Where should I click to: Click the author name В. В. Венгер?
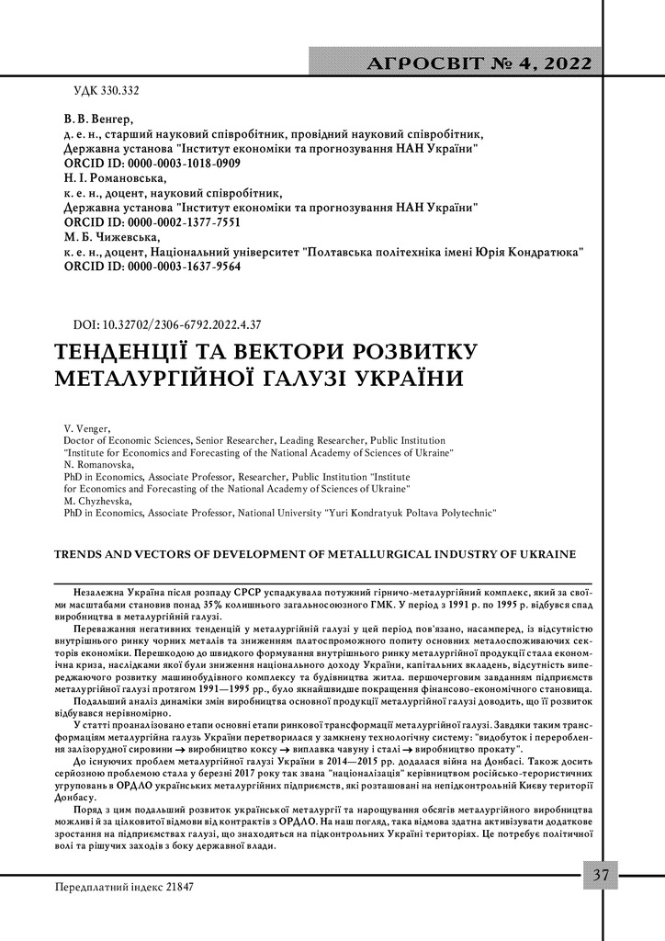click(98, 119)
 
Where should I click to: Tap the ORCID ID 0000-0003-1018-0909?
click(152, 163)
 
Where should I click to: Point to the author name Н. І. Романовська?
click(115, 177)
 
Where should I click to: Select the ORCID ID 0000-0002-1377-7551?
click(152, 222)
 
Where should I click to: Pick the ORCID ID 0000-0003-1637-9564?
click(152, 266)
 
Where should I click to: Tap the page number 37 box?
click(600, 875)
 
